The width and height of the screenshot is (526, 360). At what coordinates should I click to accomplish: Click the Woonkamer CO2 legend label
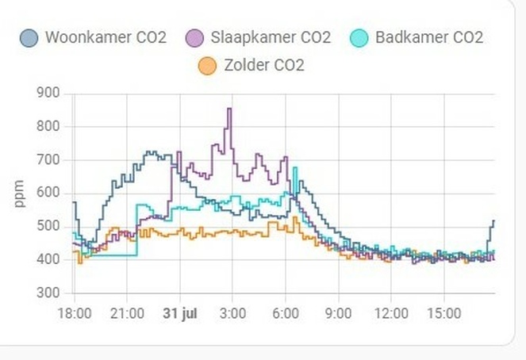pos(105,37)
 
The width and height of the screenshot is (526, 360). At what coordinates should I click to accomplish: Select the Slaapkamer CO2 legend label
pos(270,37)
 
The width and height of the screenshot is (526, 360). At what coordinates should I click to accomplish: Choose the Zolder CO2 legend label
pos(263,65)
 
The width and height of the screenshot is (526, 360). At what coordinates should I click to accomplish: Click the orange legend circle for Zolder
pos(207,66)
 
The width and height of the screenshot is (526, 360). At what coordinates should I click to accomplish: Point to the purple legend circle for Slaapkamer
pos(195,38)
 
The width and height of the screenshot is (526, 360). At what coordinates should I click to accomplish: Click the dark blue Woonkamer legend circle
pos(29,38)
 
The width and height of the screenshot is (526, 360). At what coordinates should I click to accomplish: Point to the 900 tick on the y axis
pos(48,94)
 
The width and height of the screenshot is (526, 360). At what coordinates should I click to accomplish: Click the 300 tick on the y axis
pos(48,293)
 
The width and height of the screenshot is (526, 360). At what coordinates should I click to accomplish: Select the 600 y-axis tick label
pos(48,193)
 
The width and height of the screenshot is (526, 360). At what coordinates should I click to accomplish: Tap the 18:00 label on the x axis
pos(75,313)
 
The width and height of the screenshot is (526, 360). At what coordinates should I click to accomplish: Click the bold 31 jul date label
pos(179,313)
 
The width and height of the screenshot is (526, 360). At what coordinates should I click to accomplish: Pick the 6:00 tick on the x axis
pos(286,313)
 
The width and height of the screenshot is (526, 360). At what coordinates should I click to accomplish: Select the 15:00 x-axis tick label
pos(444,313)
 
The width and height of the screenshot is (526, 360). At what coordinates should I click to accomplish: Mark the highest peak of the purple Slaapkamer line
pos(229,109)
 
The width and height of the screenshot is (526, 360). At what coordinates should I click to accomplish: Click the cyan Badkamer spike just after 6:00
pos(295,168)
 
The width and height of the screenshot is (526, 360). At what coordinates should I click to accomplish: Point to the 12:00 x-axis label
pos(392,313)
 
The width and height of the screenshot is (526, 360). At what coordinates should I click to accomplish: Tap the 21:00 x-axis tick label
pos(127,313)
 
